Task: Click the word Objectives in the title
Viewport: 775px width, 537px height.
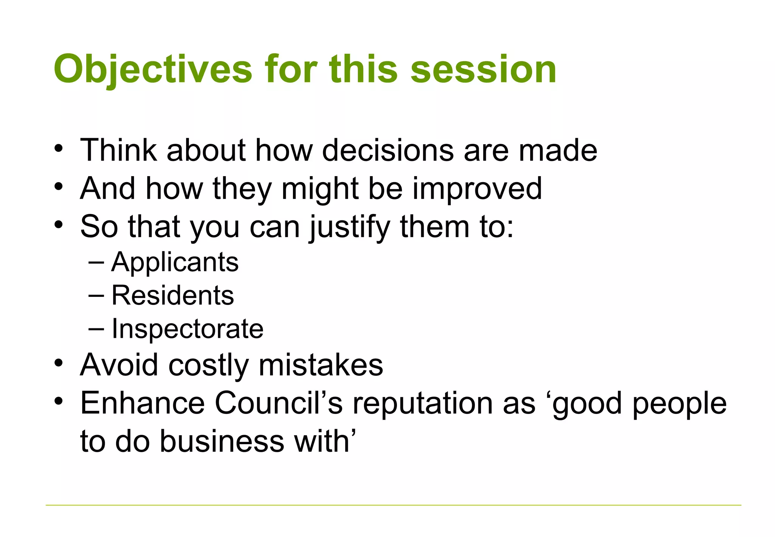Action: [x=153, y=69]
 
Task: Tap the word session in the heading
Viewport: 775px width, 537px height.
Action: [x=483, y=69]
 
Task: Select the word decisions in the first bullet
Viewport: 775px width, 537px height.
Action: [x=388, y=150]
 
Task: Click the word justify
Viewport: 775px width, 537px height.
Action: [x=350, y=226]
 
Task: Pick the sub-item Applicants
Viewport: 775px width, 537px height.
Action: [x=175, y=262]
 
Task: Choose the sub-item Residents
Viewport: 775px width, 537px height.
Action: [x=173, y=295]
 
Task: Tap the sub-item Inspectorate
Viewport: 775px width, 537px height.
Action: [x=187, y=328]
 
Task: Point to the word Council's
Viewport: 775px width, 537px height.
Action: [x=279, y=403]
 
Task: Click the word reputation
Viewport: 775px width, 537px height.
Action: [x=423, y=403]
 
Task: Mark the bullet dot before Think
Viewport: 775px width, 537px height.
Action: [x=58, y=148]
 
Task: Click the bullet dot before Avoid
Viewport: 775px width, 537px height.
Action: [x=58, y=363]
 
